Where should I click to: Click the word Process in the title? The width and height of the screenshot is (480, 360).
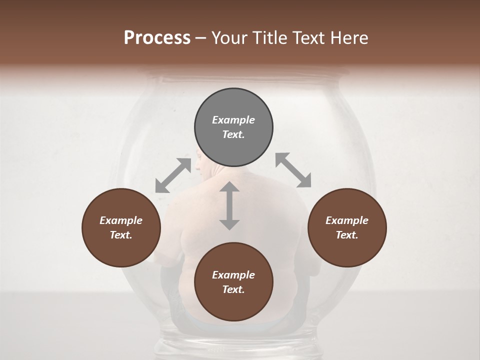click(157, 38)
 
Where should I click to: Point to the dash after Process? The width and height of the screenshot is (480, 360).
click(201, 39)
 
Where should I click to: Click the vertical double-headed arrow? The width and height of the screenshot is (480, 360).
click(229, 206)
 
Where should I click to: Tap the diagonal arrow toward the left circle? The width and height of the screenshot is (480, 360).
click(173, 175)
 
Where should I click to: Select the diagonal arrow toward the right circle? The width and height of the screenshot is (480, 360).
click(293, 170)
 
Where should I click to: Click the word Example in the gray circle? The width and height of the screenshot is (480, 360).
click(233, 120)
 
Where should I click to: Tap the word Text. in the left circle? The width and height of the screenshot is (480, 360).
click(121, 235)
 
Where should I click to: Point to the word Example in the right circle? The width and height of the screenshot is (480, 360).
click(347, 220)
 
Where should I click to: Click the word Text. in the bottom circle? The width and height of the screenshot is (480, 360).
click(233, 289)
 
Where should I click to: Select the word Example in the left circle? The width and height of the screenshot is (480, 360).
click(121, 220)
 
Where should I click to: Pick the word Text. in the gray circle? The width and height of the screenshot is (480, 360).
click(233, 134)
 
